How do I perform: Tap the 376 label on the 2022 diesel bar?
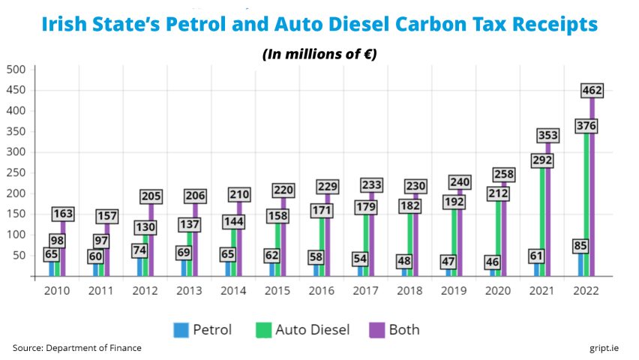point(585,126)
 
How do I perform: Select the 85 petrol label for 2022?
point(580,245)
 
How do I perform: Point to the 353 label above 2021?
point(547,136)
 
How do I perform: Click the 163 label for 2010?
point(62,214)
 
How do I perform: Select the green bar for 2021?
point(543,225)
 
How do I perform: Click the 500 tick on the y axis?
point(16,70)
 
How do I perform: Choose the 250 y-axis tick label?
point(16,172)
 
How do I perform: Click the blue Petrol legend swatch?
point(181,329)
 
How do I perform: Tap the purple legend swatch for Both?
point(377,329)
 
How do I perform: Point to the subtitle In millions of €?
point(319,54)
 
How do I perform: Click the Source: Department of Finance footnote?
point(76,348)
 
